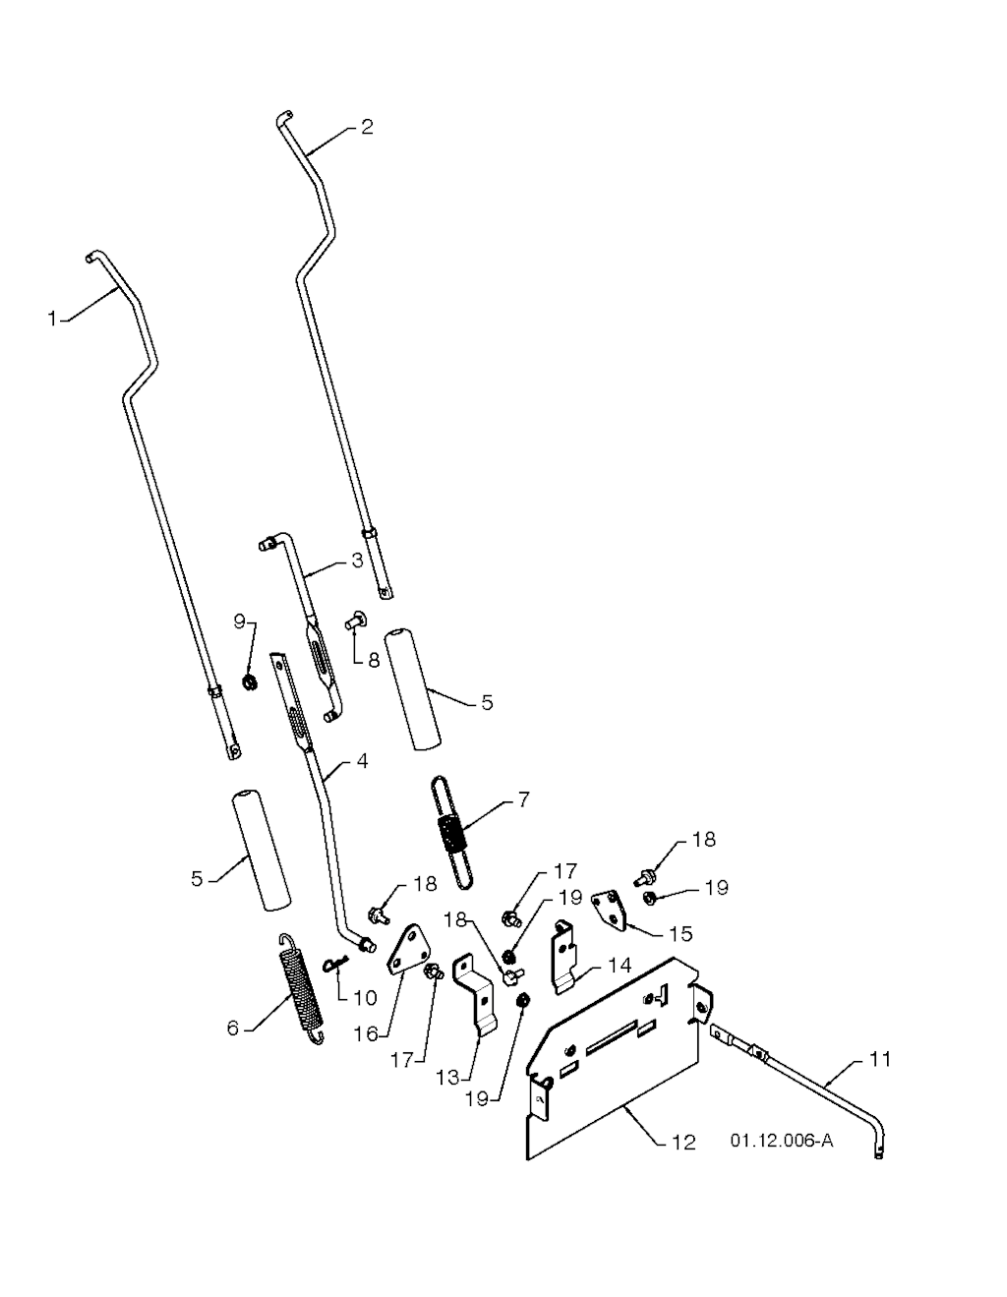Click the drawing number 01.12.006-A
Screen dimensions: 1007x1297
[x=782, y=1142]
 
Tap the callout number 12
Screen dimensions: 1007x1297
[x=683, y=1143]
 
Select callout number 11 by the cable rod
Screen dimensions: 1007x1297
[x=880, y=1059]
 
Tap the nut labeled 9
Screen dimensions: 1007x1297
[x=250, y=681]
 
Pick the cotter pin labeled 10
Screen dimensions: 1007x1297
[x=337, y=963]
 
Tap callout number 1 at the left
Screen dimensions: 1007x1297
[x=53, y=320]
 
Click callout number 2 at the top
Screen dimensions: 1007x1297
[x=367, y=127]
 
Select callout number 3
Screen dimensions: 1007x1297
[x=357, y=560]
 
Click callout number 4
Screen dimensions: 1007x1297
[x=362, y=762]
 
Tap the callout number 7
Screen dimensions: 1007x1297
[x=523, y=799]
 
